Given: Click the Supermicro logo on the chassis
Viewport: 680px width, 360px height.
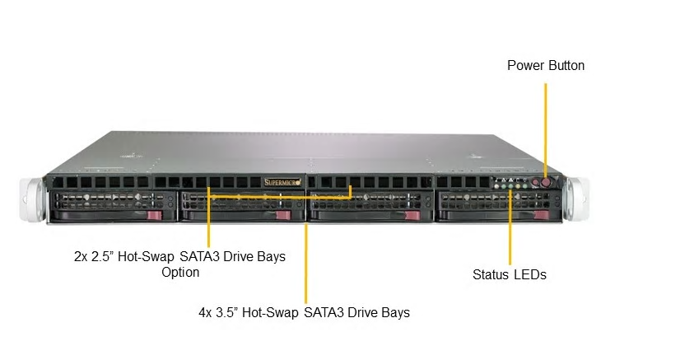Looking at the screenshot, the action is (x=282, y=182).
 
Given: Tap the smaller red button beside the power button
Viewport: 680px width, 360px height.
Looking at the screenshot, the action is (x=536, y=183).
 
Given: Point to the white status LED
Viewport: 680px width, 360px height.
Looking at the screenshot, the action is (x=496, y=186).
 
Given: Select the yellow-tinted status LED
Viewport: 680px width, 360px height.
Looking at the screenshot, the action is (x=518, y=186).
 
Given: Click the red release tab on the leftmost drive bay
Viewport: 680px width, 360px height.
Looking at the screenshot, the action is (x=155, y=216).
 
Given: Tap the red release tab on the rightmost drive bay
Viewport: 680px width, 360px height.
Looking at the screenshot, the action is (x=542, y=215).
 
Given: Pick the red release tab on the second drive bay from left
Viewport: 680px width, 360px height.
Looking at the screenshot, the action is (x=283, y=216).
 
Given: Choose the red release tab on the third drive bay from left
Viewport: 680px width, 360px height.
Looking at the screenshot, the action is (x=412, y=216).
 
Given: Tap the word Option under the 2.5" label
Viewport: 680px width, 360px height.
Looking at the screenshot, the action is (x=180, y=273).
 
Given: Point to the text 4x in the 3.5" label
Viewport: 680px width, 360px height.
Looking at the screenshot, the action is (x=206, y=313).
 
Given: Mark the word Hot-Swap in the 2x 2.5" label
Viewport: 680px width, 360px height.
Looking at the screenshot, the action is (x=146, y=257).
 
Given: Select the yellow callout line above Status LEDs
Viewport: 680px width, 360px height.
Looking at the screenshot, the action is (x=510, y=227).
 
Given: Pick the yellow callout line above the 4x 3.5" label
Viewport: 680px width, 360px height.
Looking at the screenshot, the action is (x=305, y=264).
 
